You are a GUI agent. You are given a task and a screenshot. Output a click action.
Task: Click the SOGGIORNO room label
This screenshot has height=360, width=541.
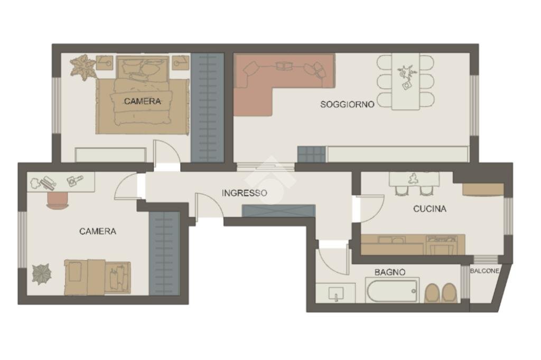347,105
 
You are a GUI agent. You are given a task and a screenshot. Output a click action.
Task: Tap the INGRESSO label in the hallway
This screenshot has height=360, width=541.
244,193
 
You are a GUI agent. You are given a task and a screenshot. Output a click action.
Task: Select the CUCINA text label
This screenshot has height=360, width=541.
430,209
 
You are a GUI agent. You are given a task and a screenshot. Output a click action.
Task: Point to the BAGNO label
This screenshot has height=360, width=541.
390,272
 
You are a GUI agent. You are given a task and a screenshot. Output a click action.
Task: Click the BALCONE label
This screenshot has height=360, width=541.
484,271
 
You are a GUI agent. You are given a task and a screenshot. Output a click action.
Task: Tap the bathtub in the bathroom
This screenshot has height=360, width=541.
392,291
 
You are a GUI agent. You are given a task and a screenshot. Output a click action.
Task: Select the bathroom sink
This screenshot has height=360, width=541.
335,293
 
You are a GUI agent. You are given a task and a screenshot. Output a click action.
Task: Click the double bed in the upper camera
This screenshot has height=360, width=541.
142,100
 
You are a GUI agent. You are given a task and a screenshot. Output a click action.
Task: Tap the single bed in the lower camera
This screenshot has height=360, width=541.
98,277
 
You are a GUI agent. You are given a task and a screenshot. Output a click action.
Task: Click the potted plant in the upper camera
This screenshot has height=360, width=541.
83,67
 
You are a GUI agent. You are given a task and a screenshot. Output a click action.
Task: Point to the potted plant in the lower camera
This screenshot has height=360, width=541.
42,274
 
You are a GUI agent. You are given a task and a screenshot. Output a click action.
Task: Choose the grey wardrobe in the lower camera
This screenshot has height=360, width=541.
164,253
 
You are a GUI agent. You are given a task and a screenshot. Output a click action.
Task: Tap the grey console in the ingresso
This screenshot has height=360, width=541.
278,210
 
